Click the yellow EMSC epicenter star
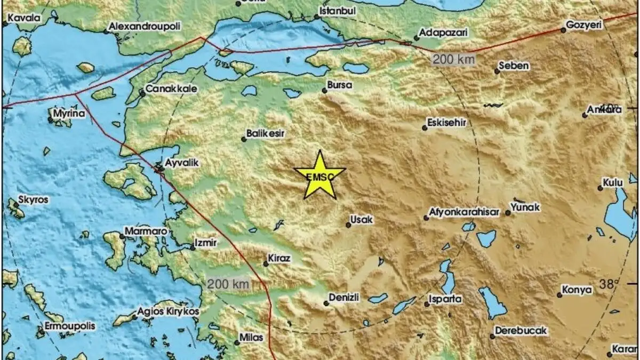coord(319,176)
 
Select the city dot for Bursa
coord(325,91)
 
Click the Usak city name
coord(361,219)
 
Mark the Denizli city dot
coord(326,303)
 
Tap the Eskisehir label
coord(447,123)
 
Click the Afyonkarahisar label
coord(464,212)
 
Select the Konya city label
coord(577,290)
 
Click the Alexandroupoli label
coord(145,26)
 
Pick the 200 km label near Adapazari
coord(453,60)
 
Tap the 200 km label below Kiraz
coord(228,284)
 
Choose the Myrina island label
coord(69,114)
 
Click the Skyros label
coord(33,200)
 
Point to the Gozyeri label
coord(584,25)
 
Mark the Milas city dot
coord(237,342)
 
